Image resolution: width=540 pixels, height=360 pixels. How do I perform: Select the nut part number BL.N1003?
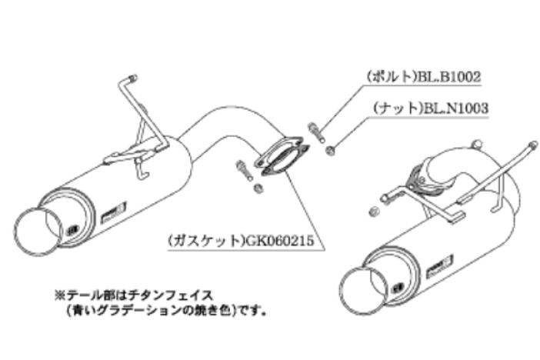(455, 109)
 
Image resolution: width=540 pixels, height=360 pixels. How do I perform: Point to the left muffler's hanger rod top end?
(133, 78)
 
